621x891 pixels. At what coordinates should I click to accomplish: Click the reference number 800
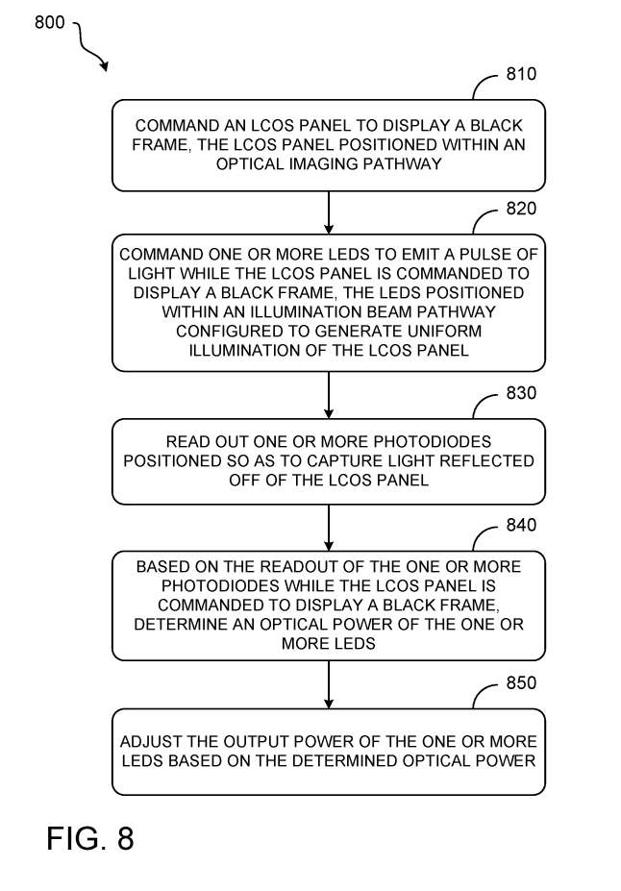coord(51,21)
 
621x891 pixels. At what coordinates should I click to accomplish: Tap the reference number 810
coord(521,75)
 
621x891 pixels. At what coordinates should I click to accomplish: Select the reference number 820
coord(521,210)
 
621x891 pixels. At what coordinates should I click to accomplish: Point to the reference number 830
coord(521,393)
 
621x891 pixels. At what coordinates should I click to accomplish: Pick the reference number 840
coord(521,526)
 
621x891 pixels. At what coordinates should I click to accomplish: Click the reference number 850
coord(521,683)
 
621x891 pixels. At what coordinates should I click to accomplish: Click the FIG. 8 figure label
coord(90,839)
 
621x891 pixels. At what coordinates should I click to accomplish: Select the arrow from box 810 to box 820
coord(329,212)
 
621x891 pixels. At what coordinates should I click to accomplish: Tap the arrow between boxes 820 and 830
coord(329,394)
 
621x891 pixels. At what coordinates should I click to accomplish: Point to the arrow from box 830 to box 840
coord(329,528)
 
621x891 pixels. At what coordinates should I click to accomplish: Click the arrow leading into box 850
coord(329,684)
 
